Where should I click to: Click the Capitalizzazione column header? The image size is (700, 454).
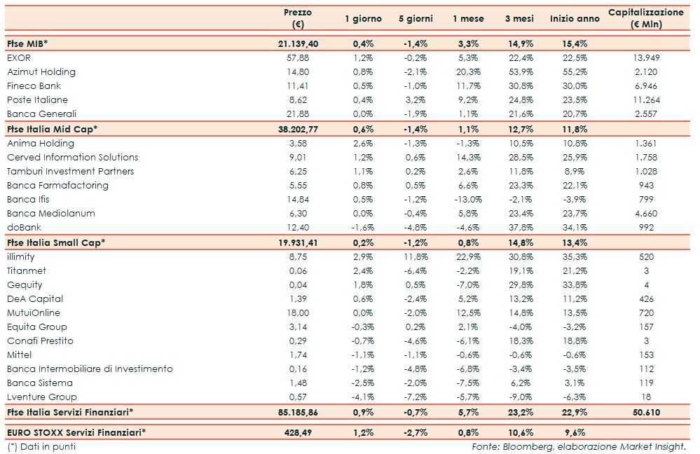click(x=646, y=18)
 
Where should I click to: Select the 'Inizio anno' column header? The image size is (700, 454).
click(x=575, y=19)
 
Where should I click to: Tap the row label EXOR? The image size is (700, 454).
click(x=19, y=57)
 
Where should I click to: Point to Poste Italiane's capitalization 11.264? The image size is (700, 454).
click(x=645, y=99)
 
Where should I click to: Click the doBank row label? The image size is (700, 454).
click(x=22, y=227)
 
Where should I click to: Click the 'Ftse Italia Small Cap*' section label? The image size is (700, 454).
click(x=56, y=242)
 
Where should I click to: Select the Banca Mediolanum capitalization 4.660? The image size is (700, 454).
click(x=645, y=213)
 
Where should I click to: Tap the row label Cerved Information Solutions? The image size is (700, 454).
click(x=73, y=157)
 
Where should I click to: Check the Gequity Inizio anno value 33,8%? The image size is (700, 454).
click(x=574, y=285)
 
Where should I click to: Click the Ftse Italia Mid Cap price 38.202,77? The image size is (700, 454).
click(x=298, y=129)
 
